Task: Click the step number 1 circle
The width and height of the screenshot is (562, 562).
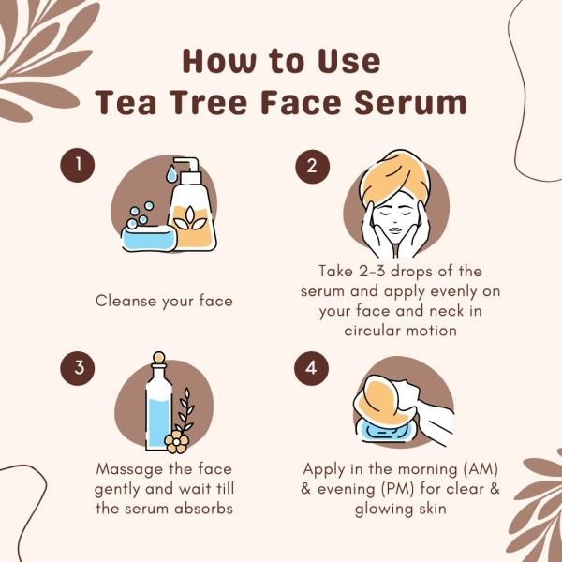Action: click(x=78, y=165)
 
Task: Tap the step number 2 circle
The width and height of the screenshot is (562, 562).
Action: click(x=312, y=167)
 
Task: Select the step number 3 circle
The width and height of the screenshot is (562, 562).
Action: click(x=78, y=368)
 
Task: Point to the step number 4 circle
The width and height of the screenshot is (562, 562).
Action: click(x=312, y=368)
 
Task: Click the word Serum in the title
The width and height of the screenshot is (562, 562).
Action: click(x=410, y=102)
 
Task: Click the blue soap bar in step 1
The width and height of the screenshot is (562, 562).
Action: click(x=149, y=238)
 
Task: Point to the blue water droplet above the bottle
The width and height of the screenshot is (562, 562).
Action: click(x=171, y=174)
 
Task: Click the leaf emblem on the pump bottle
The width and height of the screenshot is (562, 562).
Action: click(x=190, y=218)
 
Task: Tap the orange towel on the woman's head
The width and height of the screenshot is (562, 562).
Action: click(x=394, y=177)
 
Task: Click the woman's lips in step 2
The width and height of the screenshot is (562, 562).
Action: click(x=394, y=229)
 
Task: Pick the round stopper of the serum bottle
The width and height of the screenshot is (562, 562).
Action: click(x=159, y=358)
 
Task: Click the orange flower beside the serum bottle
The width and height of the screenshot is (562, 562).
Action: click(x=176, y=442)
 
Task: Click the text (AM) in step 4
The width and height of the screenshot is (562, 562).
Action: click(x=481, y=469)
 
